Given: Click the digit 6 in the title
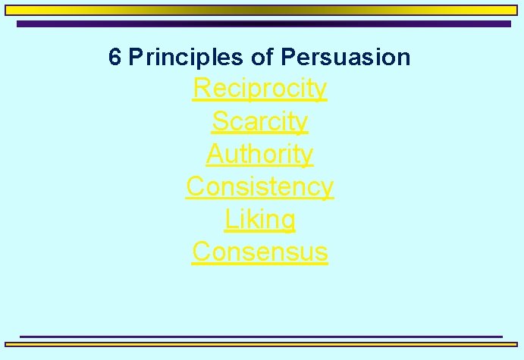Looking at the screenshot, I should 115,57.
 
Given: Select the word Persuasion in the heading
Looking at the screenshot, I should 345,57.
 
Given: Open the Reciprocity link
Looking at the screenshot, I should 260,88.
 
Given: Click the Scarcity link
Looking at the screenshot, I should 260,121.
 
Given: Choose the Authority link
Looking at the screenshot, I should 260,154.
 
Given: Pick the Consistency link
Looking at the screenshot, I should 260,186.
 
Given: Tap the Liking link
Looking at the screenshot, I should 260,219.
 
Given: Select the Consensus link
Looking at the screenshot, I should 260,251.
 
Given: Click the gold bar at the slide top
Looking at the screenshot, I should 262,11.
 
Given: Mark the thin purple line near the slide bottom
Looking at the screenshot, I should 261,336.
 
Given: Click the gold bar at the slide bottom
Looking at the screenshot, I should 262,344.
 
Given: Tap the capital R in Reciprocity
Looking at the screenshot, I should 202,88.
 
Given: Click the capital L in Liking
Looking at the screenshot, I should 231,219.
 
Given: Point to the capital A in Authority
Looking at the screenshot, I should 215,154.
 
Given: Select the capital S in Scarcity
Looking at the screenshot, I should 220,121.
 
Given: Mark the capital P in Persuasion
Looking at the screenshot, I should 287,57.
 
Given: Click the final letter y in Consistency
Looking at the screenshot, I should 327,188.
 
